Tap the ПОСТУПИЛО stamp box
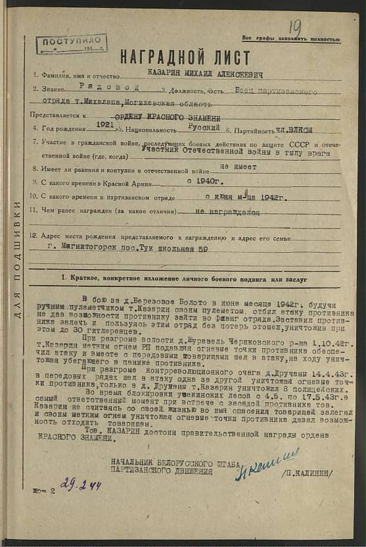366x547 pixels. click(72, 43)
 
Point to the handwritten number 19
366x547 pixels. click(295, 27)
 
